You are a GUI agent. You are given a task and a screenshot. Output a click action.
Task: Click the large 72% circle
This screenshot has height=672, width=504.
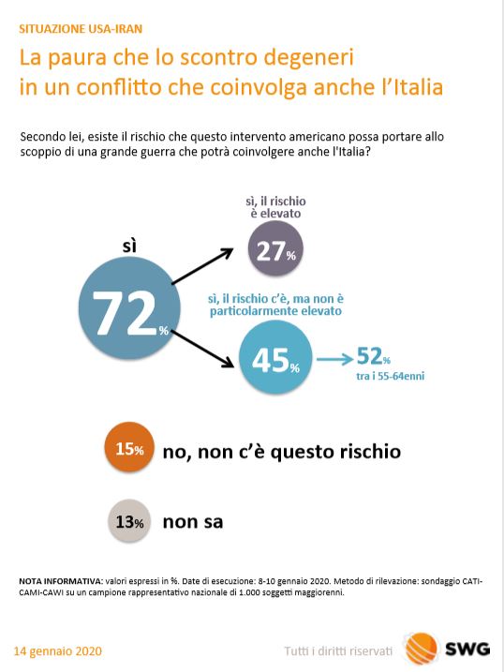coord(129,308)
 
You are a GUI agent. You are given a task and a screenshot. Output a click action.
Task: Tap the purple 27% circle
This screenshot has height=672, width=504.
coord(275,248)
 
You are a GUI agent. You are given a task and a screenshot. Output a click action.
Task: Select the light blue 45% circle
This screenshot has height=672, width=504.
coord(275,357)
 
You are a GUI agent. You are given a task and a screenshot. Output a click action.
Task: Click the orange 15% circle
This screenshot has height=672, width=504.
coord(129,447)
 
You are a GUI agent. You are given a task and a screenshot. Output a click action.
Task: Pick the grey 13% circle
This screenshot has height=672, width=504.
coord(129,521)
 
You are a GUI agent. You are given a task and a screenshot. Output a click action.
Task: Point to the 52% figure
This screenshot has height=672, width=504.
coord(374,356)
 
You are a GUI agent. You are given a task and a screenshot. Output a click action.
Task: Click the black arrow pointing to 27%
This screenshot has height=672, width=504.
coord(202,266)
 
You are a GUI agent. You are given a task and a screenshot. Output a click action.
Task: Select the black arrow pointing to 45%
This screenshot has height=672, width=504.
coord(202,349)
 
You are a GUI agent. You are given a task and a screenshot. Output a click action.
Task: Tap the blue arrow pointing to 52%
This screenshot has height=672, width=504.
coord(334,359)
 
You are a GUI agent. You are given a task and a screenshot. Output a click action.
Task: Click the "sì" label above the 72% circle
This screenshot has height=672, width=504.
coord(129,246)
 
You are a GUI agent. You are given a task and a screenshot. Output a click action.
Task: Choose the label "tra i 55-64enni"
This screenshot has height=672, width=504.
coord(390,376)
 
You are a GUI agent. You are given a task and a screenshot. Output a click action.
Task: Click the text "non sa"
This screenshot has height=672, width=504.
coord(193,522)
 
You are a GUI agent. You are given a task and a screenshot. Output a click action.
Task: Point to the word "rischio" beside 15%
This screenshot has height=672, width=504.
coord(370,452)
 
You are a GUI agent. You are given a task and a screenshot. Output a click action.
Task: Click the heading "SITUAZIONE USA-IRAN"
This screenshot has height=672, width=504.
coord(81,29)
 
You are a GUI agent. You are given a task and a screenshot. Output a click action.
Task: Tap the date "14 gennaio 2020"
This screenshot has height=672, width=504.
coord(58,651)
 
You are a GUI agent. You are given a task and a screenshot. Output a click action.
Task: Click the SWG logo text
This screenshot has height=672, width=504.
coord(467,649)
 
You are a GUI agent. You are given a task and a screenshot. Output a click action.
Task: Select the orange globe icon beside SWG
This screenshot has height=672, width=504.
coord(422,649)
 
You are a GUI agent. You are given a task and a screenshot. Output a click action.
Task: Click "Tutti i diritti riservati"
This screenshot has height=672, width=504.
coord(338,651)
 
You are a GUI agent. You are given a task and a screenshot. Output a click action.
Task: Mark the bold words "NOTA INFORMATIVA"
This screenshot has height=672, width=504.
coord(60,582)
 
